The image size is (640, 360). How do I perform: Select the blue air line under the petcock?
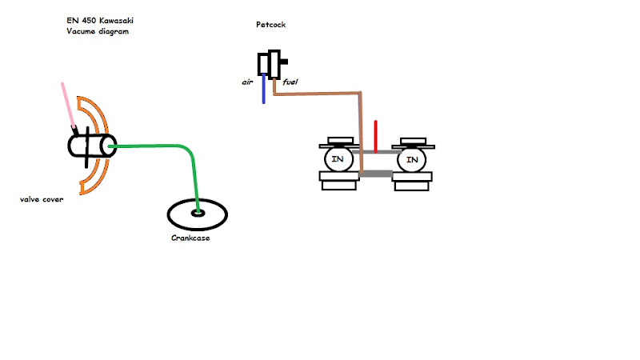click(x=263, y=92)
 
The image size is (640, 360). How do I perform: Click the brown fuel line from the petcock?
click(x=320, y=94)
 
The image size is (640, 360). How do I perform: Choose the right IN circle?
click(x=412, y=160)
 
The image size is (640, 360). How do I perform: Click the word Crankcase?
click(x=190, y=238)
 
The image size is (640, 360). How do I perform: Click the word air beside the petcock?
click(x=248, y=82)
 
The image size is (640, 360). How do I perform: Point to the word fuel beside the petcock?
click(x=290, y=82)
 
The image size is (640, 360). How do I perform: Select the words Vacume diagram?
click(x=98, y=31)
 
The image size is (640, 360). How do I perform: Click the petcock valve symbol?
click(x=270, y=64)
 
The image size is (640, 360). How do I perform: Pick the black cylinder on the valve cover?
click(x=91, y=146)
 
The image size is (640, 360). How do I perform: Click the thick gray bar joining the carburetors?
click(x=375, y=173)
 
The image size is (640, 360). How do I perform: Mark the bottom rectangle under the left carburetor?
click(x=339, y=184)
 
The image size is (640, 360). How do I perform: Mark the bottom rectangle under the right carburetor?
click(x=413, y=184)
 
